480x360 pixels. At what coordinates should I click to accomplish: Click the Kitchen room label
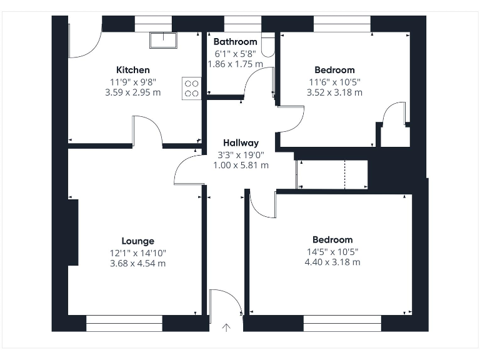coord(132,70)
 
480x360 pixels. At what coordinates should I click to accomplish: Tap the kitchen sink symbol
coord(163,39)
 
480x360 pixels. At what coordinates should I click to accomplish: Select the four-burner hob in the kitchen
coord(191,87)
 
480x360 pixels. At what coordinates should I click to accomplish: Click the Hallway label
coord(241,143)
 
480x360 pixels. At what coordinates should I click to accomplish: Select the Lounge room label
coord(137,241)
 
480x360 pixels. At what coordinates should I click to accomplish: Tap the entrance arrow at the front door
coord(226,327)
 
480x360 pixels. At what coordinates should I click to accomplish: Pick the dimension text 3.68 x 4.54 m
coord(137,263)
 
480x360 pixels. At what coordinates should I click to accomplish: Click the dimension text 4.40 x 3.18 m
coord(332,262)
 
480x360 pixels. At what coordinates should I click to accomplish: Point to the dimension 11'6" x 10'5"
coord(334,82)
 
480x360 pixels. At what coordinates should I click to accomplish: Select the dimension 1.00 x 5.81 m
coord(242,166)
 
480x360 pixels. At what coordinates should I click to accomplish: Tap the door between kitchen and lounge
coord(147,131)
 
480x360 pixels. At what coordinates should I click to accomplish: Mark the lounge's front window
coord(124,323)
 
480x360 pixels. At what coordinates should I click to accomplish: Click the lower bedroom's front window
coord(342,323)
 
